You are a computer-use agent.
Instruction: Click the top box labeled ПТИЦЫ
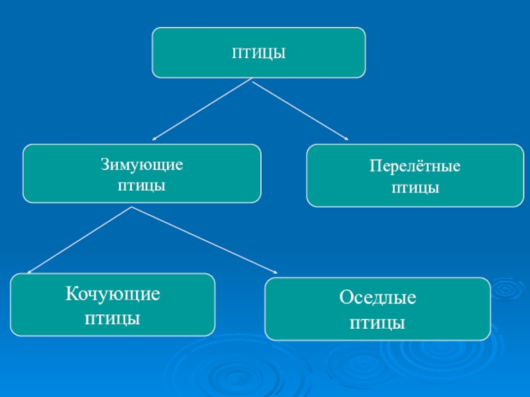tap(258, 52)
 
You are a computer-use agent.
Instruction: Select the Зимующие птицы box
tap(142, 173)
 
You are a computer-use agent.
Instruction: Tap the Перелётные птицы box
tap(415, 176)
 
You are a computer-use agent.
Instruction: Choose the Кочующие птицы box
tap(113, 305)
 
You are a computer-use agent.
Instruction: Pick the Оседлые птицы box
tap(378, 310)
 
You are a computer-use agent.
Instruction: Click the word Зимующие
tap(142, 163)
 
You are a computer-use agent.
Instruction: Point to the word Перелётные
tap(415, 167)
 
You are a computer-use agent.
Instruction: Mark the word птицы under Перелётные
tap(415, 189)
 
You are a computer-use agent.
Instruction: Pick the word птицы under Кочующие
tap(113, 318)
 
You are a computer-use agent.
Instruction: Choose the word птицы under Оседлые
tap(378, 324)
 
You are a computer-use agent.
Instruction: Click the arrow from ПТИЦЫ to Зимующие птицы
tap(202, 110)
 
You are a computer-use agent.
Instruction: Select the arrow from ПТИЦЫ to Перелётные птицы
tap(299, 110)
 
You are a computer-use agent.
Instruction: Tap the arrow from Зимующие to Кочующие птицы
tap(79, 240)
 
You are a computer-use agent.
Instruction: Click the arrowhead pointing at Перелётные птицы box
tap(345, 138)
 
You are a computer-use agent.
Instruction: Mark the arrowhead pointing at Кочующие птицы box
tap(29, 271)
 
